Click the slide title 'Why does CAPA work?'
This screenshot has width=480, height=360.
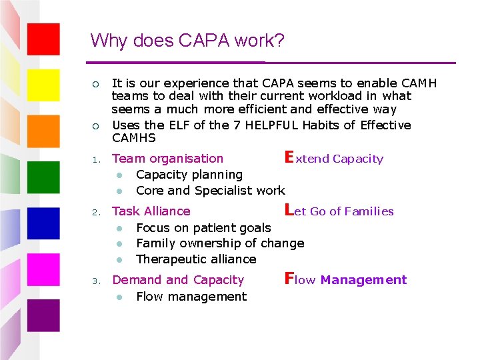pyautogui.click(x=187, y=41)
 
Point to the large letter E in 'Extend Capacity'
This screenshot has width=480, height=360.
pyautogui.click(x=289, y=157)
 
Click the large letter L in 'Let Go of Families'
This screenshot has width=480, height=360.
pyautogui.click(x=289, y=210)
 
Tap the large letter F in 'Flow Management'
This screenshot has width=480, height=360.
pyautogui.click(x=289, y=279)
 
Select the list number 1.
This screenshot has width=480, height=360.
pyautogui.click(x=95, y=159)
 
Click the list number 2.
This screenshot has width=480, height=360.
pyautogui.click(x=95, y=212)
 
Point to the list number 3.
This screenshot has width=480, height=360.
pyautogui.click(x=95, y=281)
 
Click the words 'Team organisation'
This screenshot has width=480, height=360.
pyautogui.click(x=167, y=159)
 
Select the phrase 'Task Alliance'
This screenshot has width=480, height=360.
pyautogui.click(x=151, y=211)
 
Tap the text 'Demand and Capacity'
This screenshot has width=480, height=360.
pyautogui.click(x=178, y=280)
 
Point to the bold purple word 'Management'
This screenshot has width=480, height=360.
pyautogui.click(x=363, y=280)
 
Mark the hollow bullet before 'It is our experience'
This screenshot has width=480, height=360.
pyautogui.click(x=95, y=84)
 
